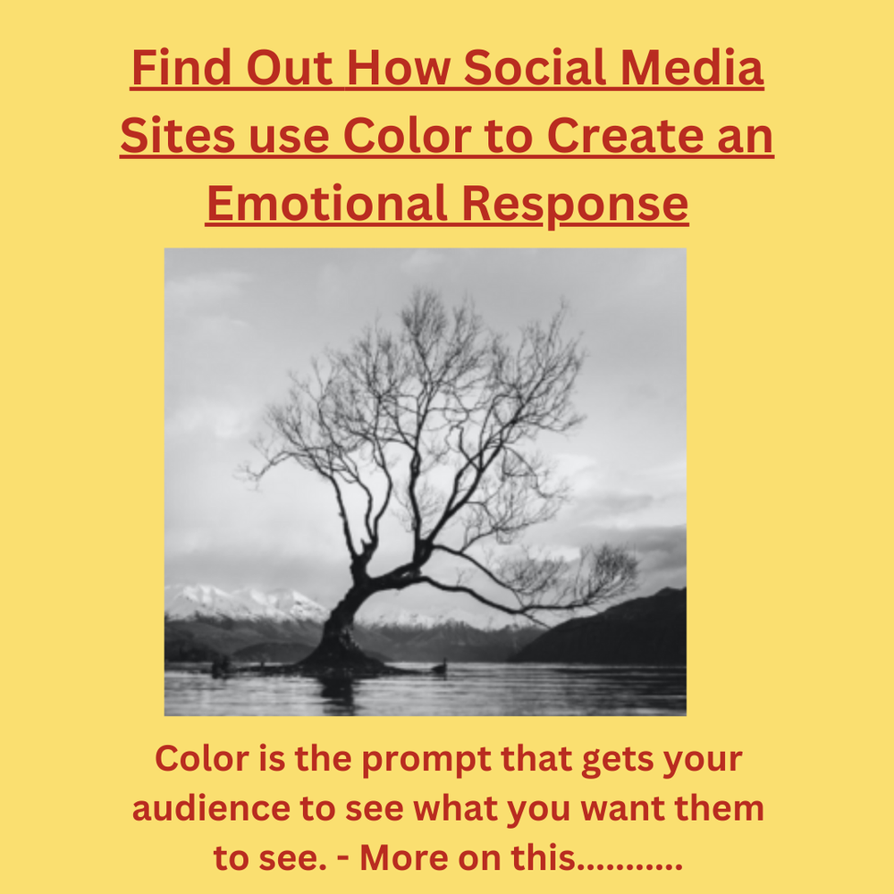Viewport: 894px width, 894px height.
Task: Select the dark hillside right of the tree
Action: [626, 635]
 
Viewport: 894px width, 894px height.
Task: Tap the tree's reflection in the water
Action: [340, 693]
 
